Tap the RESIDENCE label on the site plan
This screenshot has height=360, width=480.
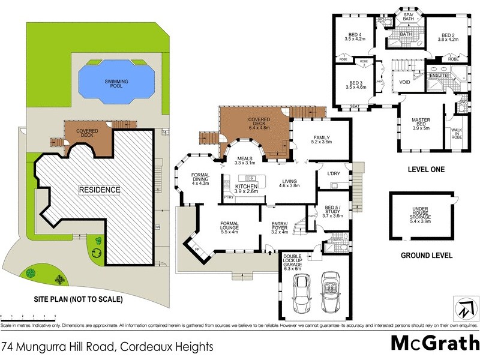(x=100, y=190)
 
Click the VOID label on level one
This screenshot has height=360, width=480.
(x=404, y=82)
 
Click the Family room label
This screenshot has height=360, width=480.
(x=322, y=140)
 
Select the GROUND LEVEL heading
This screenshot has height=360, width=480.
(x=427, y=256)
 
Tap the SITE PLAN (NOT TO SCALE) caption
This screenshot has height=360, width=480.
(x=79, y=299)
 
